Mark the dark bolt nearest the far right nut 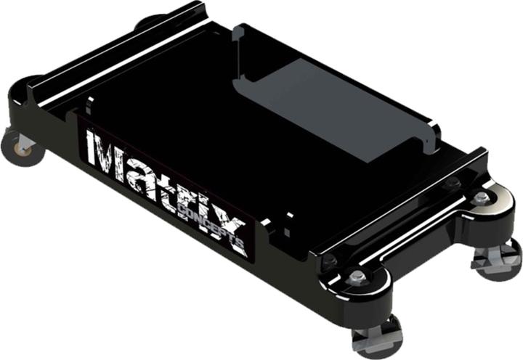[453, 184]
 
